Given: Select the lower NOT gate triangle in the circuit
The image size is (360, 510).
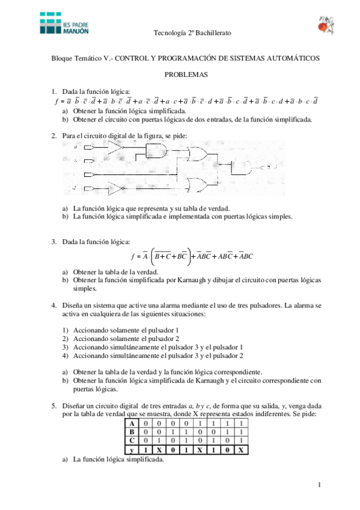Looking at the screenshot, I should coord(115,188).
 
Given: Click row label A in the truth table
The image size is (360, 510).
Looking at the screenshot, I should coord(131,423).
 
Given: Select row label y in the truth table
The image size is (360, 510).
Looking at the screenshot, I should coord(131,450).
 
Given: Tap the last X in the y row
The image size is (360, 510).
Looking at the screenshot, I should coord(240,450).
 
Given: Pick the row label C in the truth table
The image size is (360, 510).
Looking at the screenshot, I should coord(131,441).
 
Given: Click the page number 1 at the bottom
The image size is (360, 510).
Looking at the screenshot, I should coord(320,485).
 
